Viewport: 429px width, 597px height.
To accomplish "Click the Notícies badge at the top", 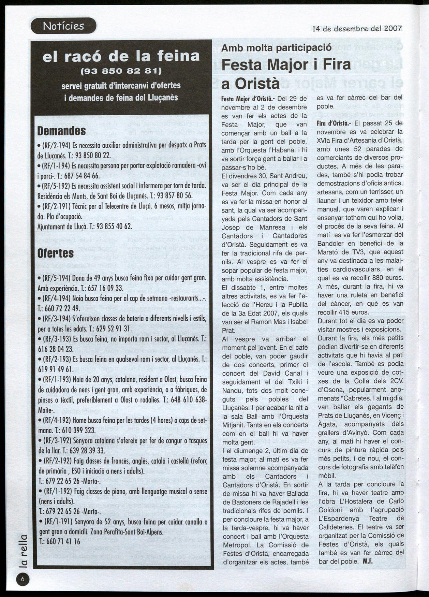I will tap(63, 26).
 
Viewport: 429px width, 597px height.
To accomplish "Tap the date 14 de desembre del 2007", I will tap(357, 29).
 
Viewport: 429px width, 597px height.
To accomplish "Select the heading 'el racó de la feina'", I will tap(121, 56).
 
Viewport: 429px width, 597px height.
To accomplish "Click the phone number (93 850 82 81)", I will tap(121, 71).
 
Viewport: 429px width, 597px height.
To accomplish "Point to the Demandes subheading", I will tap(61, 131).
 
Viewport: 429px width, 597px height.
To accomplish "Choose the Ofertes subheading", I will tap(55, 253).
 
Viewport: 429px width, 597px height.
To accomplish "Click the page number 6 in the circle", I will tap(23, 579).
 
